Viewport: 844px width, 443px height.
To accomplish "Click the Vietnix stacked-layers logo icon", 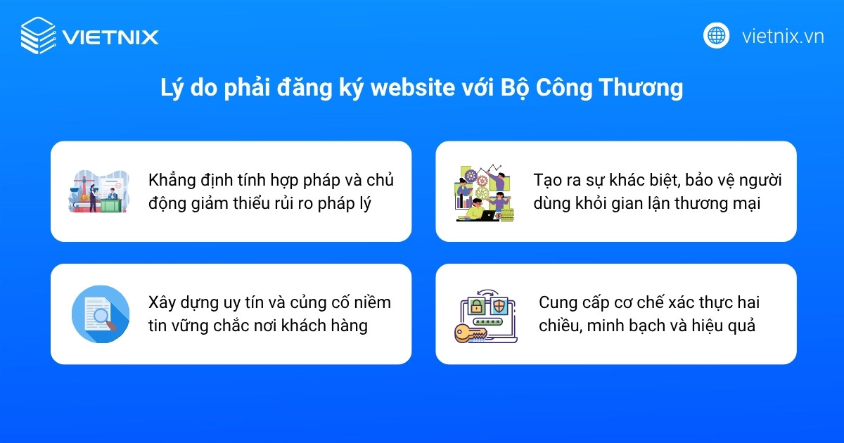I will tap(37, 36).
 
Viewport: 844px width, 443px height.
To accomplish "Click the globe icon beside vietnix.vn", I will tap(716, 35).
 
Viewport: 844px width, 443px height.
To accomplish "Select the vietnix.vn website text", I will tap(783, 36).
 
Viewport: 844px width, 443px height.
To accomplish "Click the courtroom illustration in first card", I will tap(98, 191).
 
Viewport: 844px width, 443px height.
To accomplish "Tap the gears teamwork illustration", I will tap(485, 193).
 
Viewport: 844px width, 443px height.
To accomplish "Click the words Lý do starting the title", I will tap(184, 89).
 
